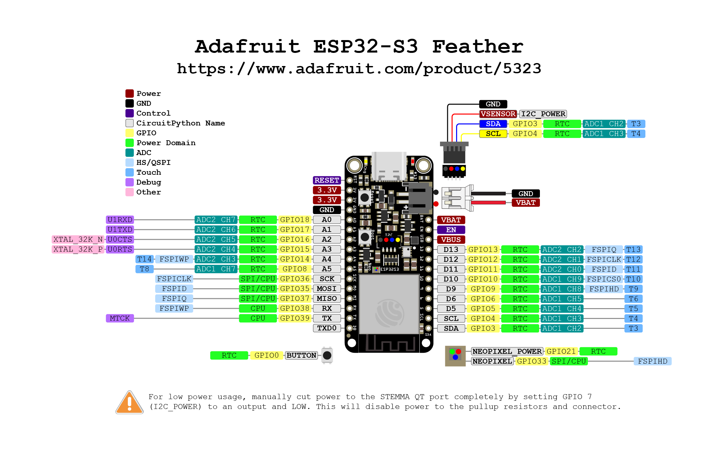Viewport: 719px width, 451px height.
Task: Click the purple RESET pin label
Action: click(327, 180)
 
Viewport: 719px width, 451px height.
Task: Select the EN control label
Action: click(451, 230)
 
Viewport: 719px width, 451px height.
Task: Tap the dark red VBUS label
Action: click(451, 240)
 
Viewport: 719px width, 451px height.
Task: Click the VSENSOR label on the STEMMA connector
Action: click(498, 114)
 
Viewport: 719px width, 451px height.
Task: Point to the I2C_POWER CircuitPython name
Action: click(543, 114)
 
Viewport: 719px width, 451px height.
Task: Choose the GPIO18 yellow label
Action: click(294, 220)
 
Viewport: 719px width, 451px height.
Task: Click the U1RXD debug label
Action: click(120, 220)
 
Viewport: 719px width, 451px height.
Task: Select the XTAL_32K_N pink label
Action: click(78, 239)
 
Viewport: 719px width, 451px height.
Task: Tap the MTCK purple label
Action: click(120, 318)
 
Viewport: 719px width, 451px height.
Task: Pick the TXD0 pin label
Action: click(327, 328)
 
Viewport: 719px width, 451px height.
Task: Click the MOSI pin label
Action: click(327, 289)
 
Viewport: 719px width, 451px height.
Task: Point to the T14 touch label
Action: click(144, 259)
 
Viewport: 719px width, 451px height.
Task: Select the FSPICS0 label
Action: click(604, 279)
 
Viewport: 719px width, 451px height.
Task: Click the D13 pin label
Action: click(451, 250)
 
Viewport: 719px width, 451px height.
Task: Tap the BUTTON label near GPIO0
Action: click(301, 355)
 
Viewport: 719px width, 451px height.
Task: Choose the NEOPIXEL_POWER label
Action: click(507, 351)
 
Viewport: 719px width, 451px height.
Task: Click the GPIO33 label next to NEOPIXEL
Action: click(531, 361)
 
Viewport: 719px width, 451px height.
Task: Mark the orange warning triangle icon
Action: click(129, 403)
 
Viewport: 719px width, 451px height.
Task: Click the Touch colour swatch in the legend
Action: click(129, 172)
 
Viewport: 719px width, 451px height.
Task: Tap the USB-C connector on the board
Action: click(389, 166)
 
